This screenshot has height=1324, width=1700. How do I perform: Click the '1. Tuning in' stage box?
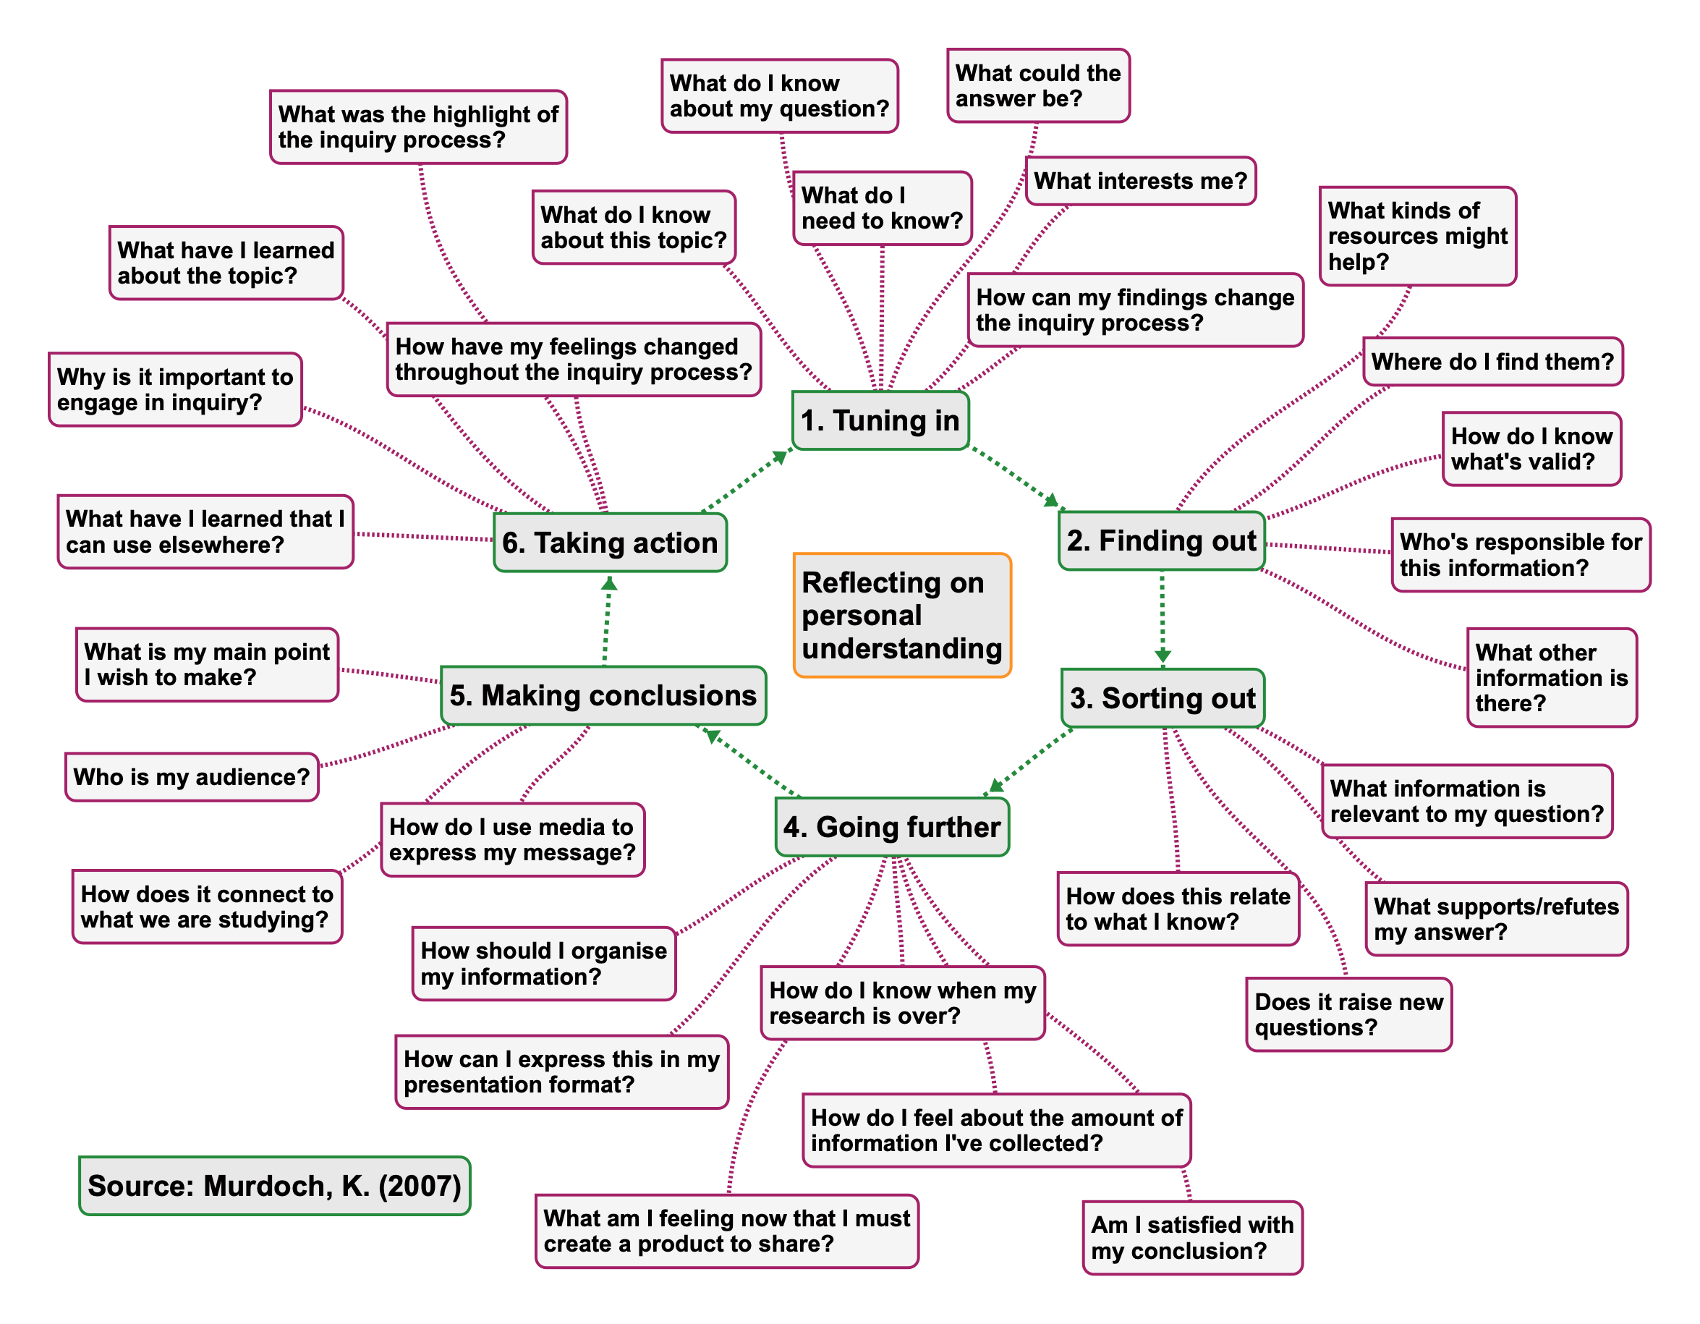tap(880, 420)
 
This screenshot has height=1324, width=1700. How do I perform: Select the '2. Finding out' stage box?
tap(1161, 541)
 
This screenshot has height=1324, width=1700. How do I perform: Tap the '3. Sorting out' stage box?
tap(1162, 698)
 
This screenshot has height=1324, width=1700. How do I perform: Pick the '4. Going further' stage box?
tap(892, 827)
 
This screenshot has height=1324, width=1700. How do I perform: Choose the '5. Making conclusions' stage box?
tap(603, 695)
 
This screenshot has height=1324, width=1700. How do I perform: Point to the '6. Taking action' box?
tap(611, 543)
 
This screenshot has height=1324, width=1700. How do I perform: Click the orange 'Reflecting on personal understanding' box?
tap(902, 615)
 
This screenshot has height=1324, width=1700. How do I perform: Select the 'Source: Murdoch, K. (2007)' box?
tap(275, 1186)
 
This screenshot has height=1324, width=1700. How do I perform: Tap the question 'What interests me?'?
tap(1140, 182)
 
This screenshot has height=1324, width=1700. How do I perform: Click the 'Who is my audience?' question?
tap(192, 777)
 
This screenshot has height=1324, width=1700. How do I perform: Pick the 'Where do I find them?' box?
tap(1492, 362)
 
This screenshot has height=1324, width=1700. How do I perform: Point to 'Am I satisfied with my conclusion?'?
tap(1191, 1238)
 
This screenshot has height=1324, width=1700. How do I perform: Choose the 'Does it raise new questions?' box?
tap(1348, 1014)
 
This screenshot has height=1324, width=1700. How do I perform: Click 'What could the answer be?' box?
tap(1037, 85)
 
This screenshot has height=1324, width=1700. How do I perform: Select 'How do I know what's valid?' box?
tap(1531, 449)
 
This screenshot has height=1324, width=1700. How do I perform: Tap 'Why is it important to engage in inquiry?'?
tap(175, 390)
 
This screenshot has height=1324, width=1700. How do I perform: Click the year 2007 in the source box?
tap(420, 1186)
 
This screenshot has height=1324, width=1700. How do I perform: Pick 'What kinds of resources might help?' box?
tap(1417, 236)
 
